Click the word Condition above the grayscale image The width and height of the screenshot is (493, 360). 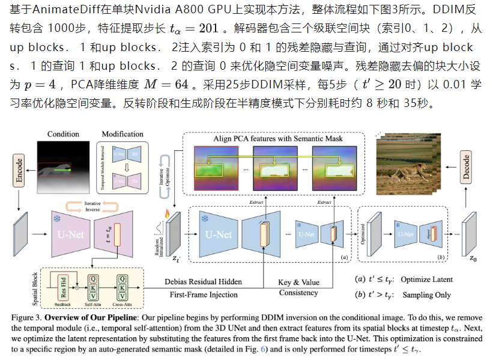(x=63, y=133)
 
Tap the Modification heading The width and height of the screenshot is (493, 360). (x=122, y=133)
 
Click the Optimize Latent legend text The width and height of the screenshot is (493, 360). (x=431, y=279)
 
